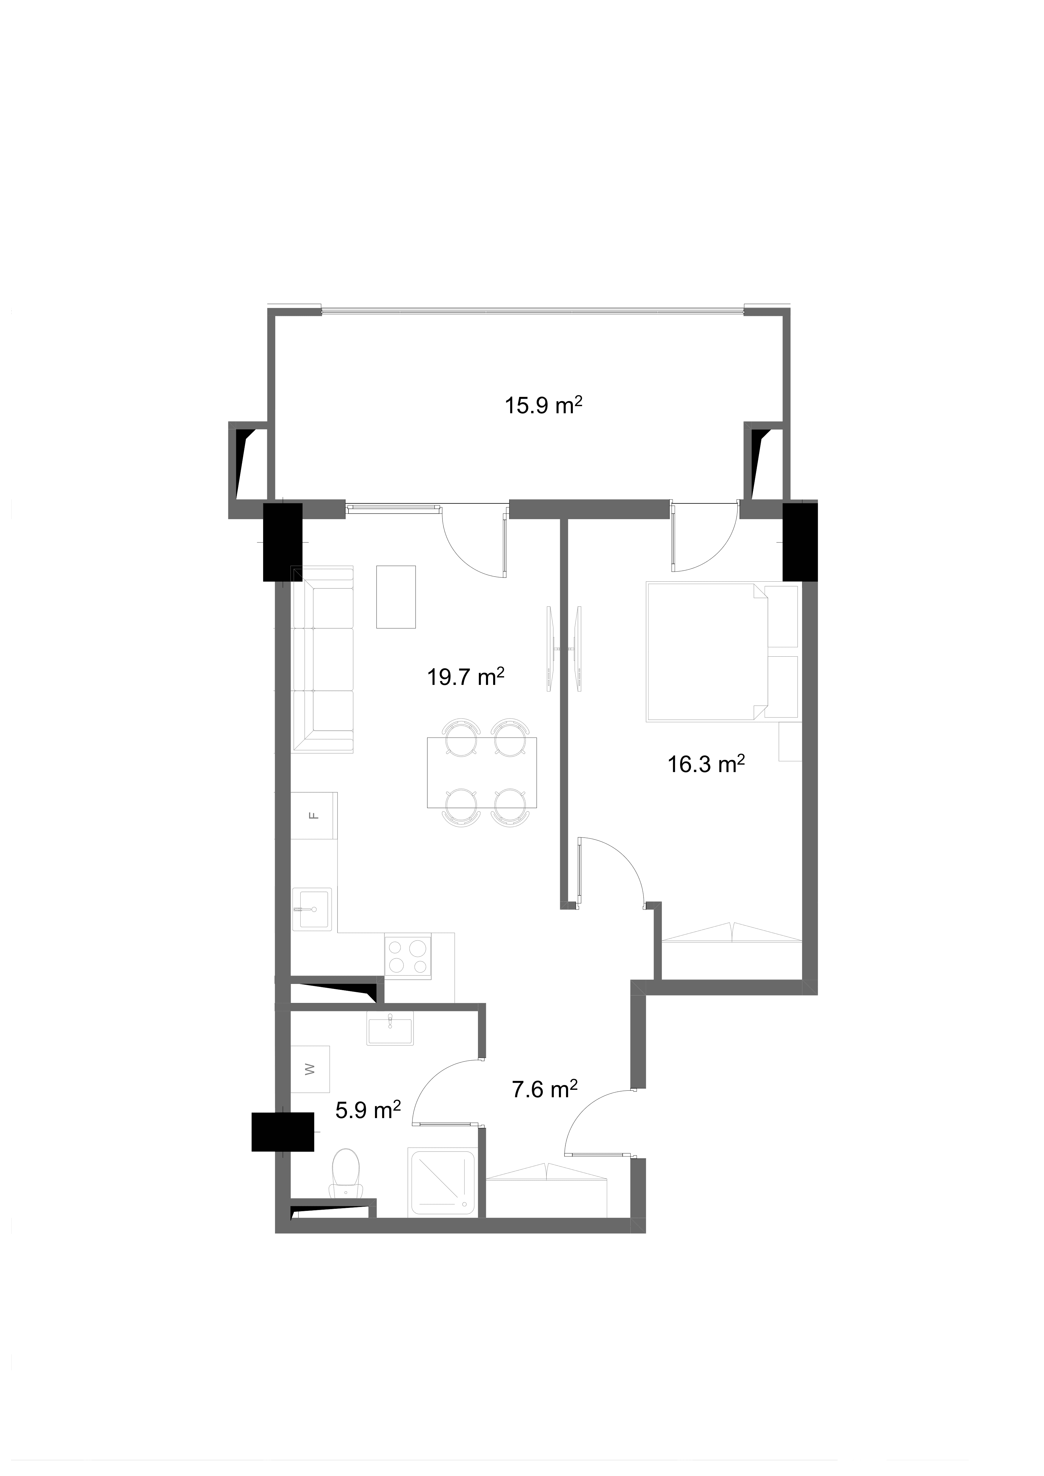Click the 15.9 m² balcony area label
click(x=543, y=406)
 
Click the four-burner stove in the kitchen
click(x=408, y=957)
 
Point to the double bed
click(x=707, y=651)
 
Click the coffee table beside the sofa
click(x=396, y=597)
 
